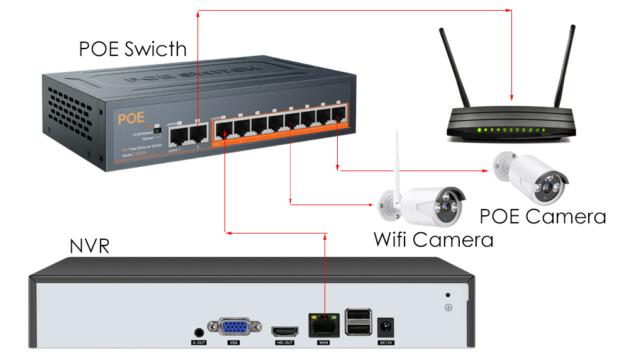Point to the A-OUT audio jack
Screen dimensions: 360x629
point(199,332)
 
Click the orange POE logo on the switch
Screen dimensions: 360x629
point(131,117)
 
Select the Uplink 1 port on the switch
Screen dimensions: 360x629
point(176,133)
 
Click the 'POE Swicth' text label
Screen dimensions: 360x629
point(133,48)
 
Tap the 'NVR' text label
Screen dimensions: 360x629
point(89,246)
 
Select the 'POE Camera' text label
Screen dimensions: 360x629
point(542,217)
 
